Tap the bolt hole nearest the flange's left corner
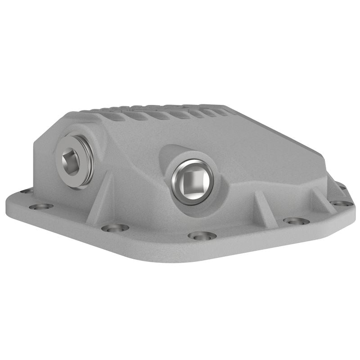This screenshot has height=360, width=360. (41, 207)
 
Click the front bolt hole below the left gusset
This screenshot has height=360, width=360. (115, 228)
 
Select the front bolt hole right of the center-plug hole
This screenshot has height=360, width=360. (296, 221)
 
